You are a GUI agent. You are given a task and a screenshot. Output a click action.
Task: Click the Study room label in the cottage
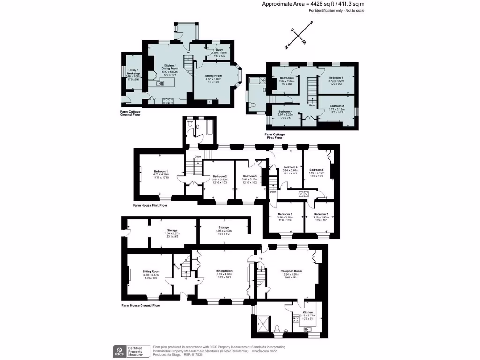218,49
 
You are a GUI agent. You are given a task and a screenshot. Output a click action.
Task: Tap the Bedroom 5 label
316,170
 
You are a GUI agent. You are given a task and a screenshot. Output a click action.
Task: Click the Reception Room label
291,271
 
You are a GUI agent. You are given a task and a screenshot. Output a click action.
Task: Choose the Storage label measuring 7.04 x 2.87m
172,230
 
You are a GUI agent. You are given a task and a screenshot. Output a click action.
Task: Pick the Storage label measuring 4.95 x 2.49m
223,227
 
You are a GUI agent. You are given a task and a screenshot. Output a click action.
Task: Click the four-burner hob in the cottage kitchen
168,100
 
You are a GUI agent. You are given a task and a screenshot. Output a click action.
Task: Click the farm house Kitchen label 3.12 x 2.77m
307,312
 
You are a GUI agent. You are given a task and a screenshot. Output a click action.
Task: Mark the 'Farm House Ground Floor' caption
141,305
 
